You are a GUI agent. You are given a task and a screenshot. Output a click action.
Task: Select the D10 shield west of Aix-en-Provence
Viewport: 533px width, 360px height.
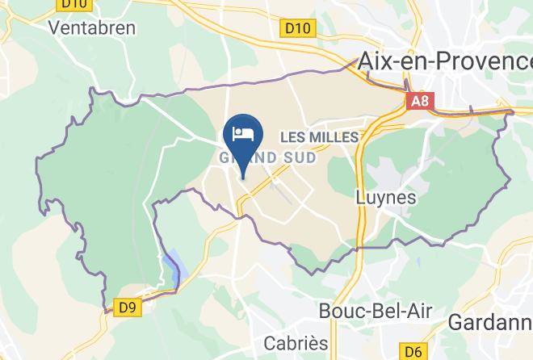pyautogui.click(x=298, y=29)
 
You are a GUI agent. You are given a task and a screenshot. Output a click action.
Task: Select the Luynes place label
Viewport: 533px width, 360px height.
pyautogui.click(x=386, y=198)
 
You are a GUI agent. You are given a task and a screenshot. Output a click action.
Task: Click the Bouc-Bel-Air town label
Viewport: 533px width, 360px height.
pyautogui.click(x=376, y=312)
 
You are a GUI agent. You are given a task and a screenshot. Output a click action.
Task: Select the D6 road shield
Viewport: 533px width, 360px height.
pyautogui.click(x=413, y=352)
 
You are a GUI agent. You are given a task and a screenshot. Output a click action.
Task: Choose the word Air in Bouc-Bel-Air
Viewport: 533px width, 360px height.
pyautogui.click(x=418, y=312)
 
